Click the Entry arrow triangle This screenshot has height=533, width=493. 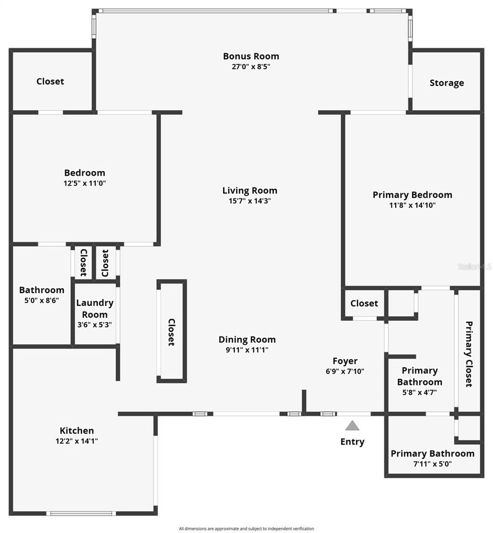coord(352,425)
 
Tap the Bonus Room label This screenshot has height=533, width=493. coord(251,56)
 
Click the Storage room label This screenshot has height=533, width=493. coord(447,83)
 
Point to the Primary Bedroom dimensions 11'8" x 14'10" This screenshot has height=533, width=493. coord(412,205)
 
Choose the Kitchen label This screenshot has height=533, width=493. coord(77,430)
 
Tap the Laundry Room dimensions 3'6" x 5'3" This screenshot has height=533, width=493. coord(94,325)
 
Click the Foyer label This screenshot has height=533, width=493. coord(345,361)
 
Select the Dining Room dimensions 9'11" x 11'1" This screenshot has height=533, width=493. coord(247,350)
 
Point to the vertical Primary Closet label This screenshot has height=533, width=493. coord(468,354)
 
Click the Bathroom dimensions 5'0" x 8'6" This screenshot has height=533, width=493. coord(41,300)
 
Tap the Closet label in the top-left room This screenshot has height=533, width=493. coord(50,81)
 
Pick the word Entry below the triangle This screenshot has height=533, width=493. coord(352,442)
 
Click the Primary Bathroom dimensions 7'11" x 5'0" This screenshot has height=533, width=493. coord(432,464)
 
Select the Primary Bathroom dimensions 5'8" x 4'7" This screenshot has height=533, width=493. coord(419,392)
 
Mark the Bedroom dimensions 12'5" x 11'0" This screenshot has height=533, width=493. coord(85,183)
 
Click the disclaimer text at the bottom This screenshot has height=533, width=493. coord(246,528)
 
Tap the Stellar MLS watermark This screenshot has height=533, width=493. coord(474,266)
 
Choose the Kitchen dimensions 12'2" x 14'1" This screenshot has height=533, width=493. coord(77,441)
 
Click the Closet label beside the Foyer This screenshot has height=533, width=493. coord(364,303)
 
